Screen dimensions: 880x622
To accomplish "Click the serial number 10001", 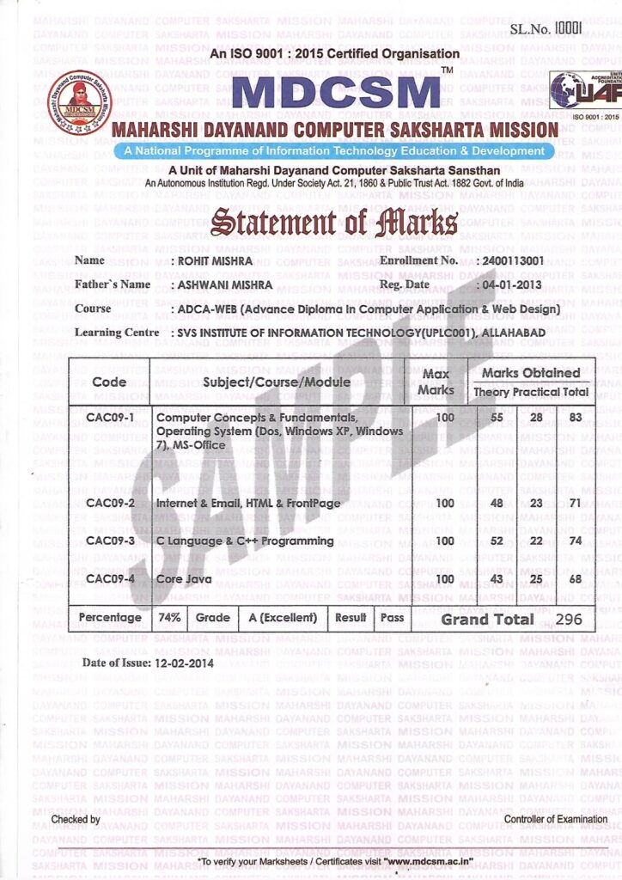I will [x=569, y=27].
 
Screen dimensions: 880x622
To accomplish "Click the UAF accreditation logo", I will [x=584, y=90].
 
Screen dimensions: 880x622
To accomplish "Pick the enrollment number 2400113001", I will [x=513, y=260].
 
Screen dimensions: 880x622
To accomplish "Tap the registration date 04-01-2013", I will [x=509, y=284].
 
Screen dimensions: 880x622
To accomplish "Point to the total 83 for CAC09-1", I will [x=575, y=418].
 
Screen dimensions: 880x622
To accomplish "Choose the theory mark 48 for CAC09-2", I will [x=496, y=503].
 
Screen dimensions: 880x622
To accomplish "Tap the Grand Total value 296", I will [x=570, y=619].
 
